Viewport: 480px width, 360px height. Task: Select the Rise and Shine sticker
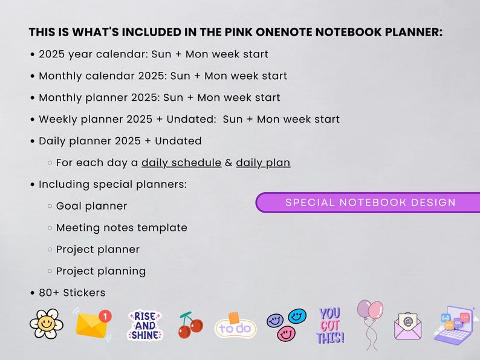coord(145,326)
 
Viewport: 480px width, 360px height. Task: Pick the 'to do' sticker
coord(236,327)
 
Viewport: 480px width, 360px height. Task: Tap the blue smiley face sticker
coord(297,316)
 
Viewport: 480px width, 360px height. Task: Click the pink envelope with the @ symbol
coord(407,327)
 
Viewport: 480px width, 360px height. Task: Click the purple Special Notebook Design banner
coord(370,202)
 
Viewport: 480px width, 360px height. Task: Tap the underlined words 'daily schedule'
coord(181,162)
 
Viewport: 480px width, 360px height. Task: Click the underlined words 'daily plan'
coord(263,162)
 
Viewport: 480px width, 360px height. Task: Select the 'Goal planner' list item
coord(91,206)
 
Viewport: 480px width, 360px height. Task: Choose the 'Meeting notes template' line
coord(122,228)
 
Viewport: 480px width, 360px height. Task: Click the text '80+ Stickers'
coord(72,293)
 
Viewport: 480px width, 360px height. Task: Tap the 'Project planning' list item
coord(100,271)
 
